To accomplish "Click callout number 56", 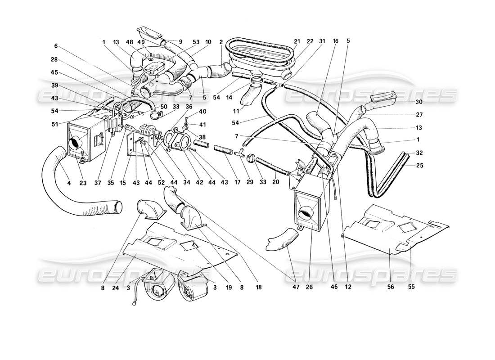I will click(x=389, y=285).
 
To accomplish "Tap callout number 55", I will click(x=412, y=285).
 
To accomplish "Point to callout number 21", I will click(x=297, y=41).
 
